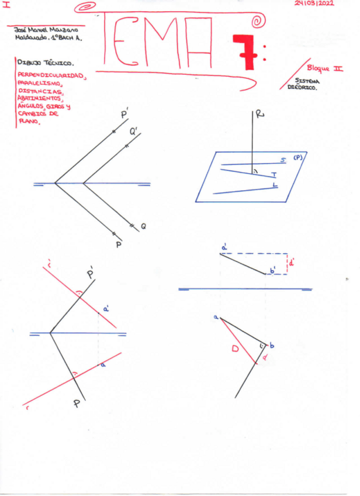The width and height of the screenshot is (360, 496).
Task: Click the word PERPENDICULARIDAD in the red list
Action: coord(51,76)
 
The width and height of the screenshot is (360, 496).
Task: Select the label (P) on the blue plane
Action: coord(299,157)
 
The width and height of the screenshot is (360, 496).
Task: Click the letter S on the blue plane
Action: coord(283,160)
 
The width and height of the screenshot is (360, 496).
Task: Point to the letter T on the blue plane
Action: coord(274,174)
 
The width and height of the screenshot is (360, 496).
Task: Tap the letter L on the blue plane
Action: coord(275,185)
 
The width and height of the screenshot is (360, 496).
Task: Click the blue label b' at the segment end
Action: coord(272,271)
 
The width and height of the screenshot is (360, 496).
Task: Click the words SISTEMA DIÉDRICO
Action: coord(303,84)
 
